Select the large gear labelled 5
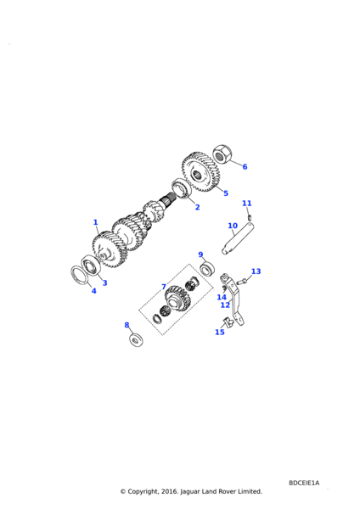pos(200,172)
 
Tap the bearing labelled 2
pos(182,188)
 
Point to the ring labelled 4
pos(80,276)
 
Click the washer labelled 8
pos(135,339)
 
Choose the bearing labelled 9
pos(207,268)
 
